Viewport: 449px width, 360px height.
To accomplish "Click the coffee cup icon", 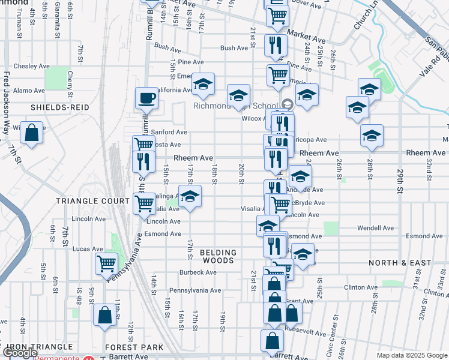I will (146, 98).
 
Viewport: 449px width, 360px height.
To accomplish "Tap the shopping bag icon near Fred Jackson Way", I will (32, 133).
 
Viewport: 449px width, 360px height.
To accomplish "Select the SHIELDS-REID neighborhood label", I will (61, 107).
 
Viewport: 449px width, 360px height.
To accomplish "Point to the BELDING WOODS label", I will (218, 257).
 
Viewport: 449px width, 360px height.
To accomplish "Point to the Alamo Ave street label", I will (30, 91).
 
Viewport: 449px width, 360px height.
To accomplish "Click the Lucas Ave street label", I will (88, 248).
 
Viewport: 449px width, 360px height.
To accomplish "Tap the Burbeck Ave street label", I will (197, 272).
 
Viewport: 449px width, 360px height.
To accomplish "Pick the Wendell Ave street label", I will (375, 228).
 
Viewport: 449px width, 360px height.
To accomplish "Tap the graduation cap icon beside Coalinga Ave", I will (190, 197).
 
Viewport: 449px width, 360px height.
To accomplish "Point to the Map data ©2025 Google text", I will (412, 355).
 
